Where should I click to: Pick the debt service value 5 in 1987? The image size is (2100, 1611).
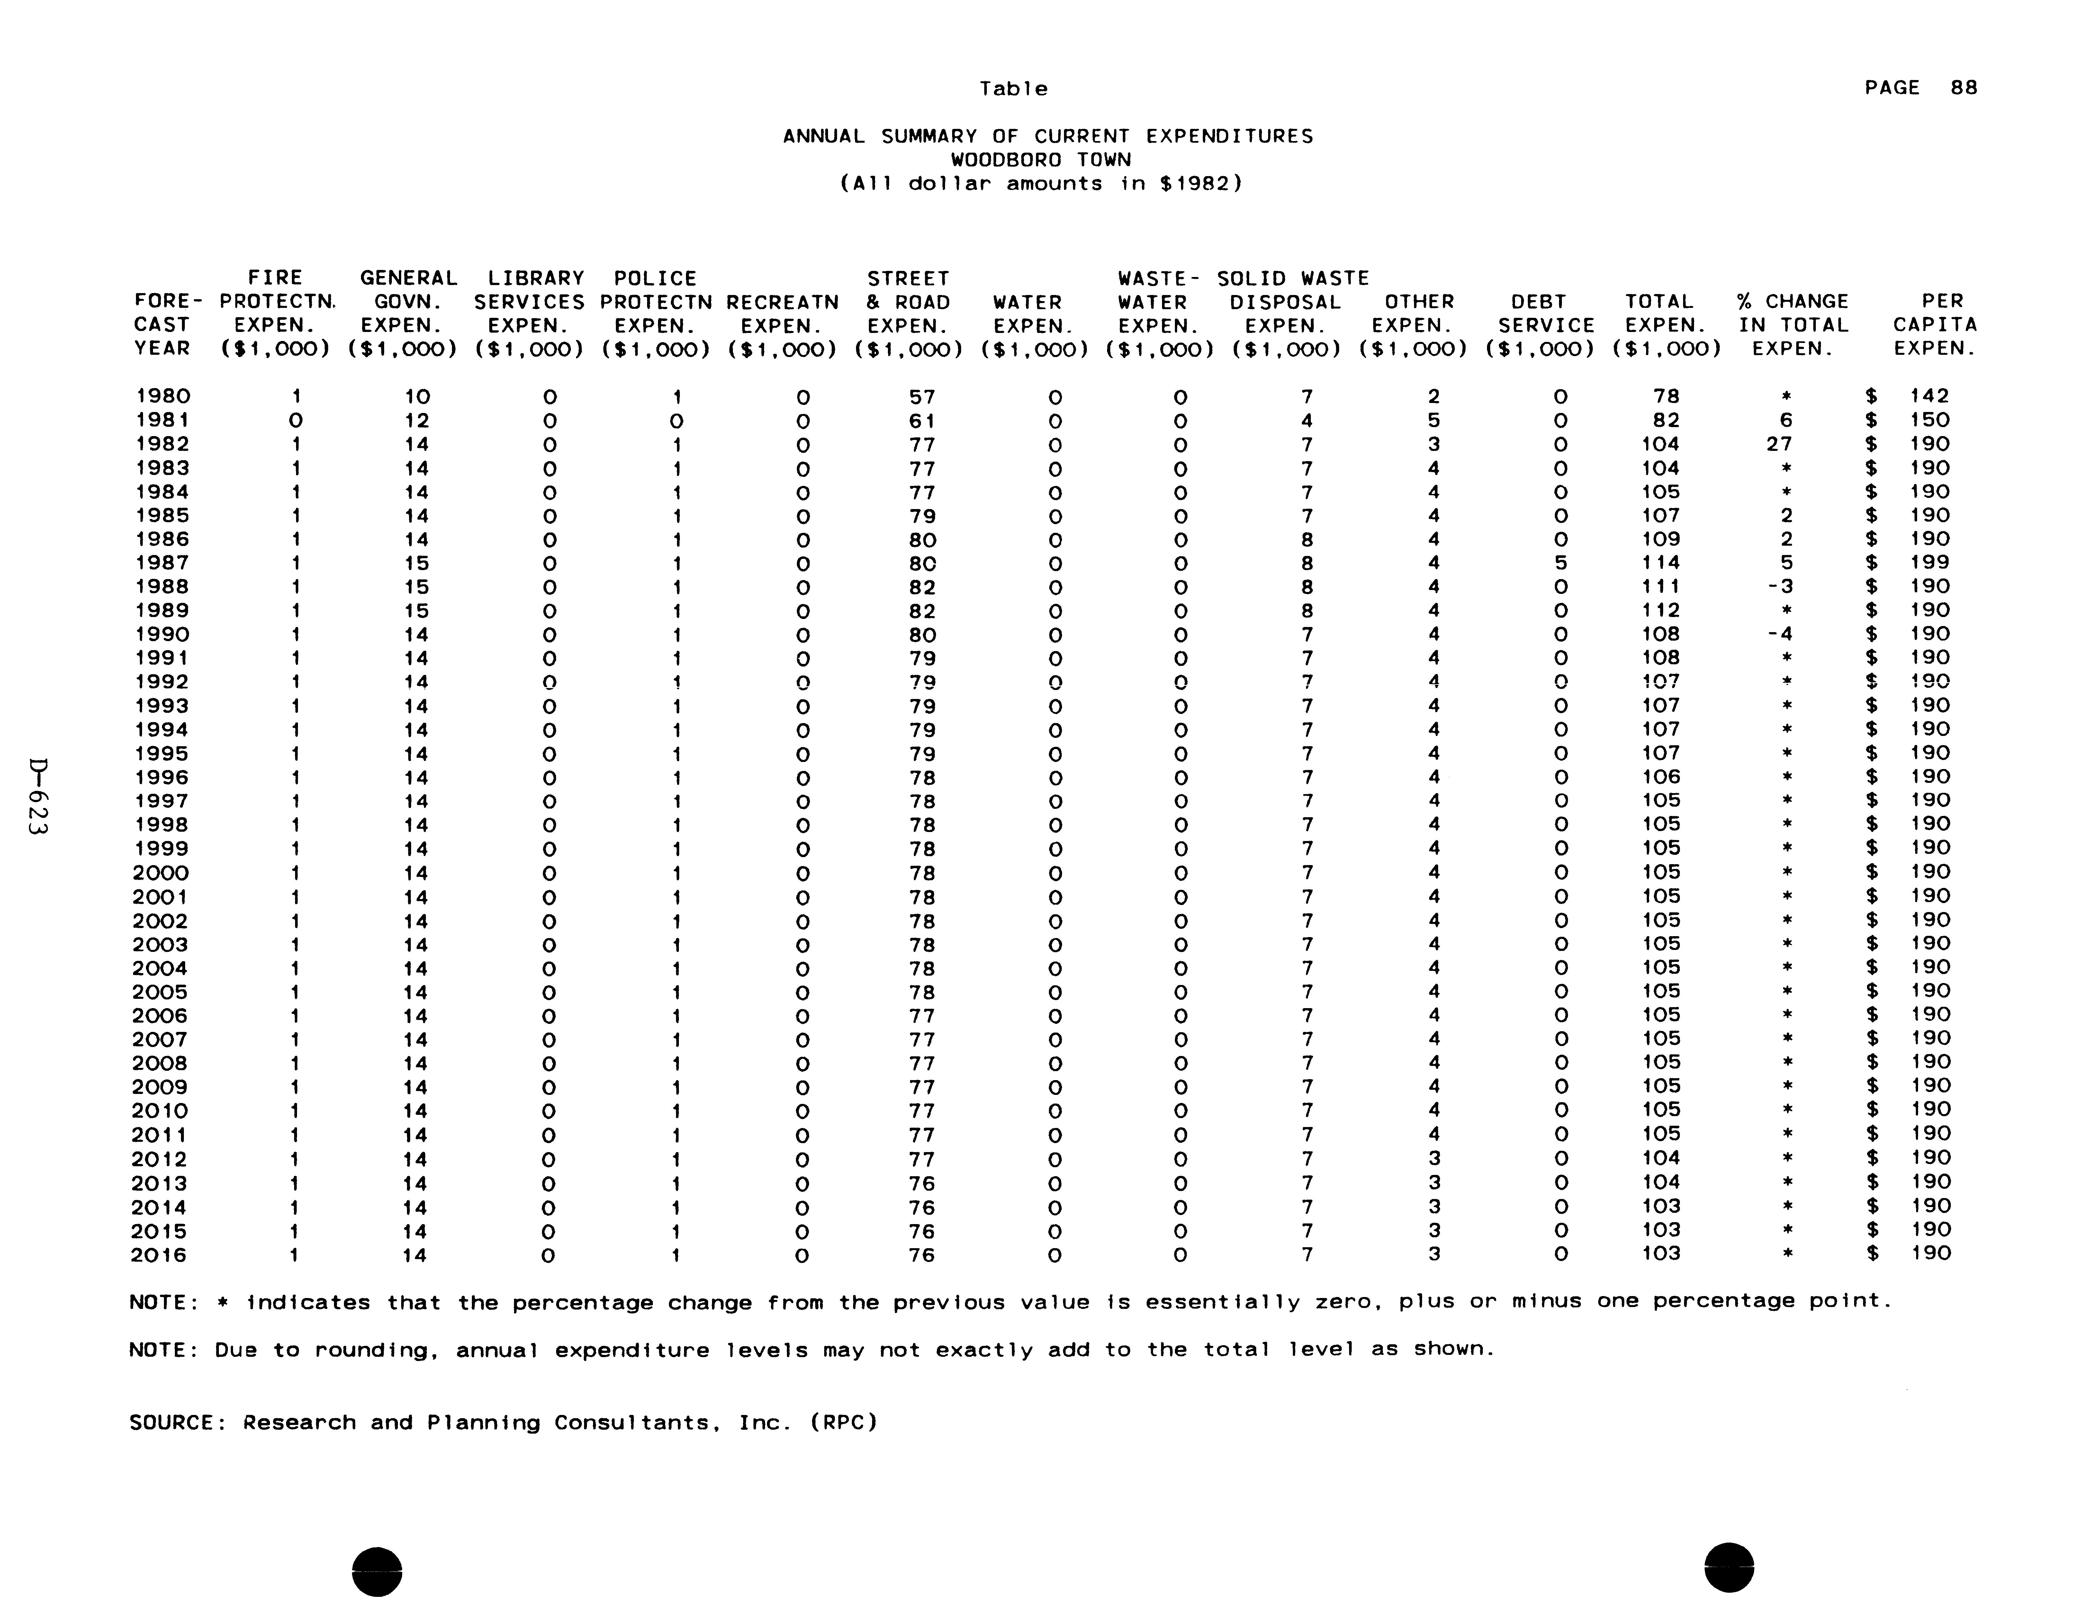[x=1560, y=563]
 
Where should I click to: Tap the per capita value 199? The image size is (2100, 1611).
[x=1929, y=563]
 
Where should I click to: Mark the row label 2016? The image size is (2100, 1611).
[x=160, y=1255]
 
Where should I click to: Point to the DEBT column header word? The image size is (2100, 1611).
[x=1538, y=302]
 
